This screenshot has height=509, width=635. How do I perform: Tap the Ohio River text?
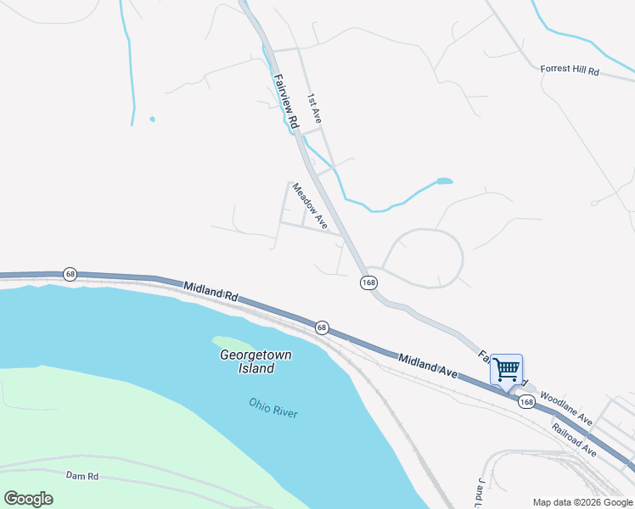pos(273,407)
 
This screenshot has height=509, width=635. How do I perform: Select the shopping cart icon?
pos(506,371)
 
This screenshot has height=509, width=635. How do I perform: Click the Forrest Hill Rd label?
pos(570,71)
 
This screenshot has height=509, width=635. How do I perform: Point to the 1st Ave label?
pos(314,109)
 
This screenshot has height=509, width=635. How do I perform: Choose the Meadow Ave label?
pos(310,205)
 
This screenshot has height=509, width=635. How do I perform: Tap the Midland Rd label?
pos(210,293)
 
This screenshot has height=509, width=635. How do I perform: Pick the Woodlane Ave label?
pos(565,408)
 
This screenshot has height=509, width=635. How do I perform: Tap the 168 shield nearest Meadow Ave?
pos(368,282)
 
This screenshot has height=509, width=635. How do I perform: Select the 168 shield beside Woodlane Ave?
pos(527,402)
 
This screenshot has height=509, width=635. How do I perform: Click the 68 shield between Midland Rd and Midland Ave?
pos(322,327)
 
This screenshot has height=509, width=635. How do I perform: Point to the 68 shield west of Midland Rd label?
pos(70,274)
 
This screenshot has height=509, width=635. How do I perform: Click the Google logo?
pos(28,498)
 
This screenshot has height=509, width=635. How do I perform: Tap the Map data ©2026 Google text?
pos(582,502)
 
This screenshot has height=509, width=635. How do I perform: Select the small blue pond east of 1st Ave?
pos(444,181)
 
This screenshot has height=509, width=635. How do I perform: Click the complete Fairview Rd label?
pos(286,102)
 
